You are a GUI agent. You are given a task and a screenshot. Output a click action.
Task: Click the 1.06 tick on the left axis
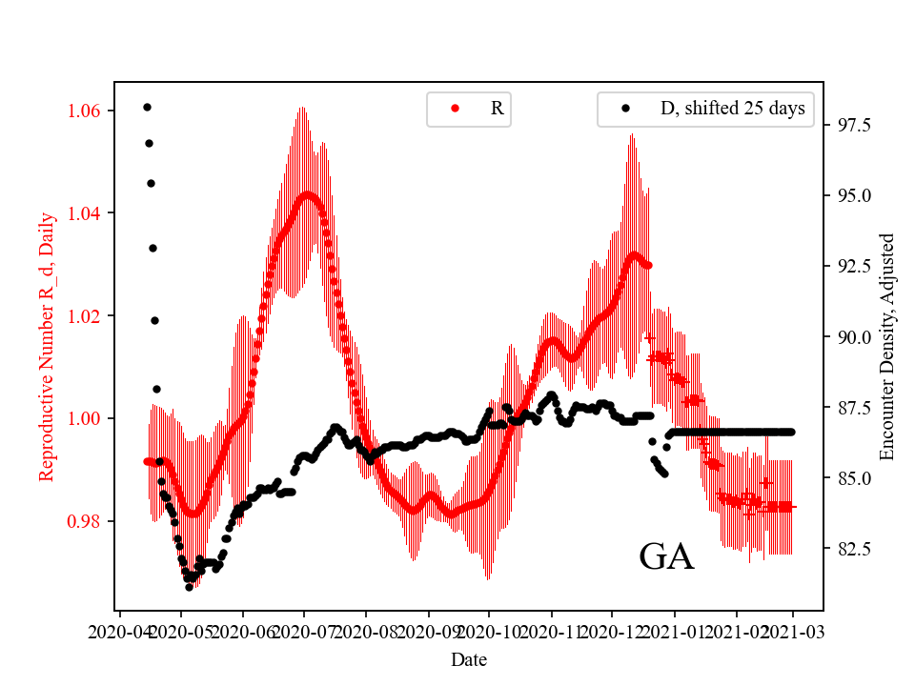click(x=90, y=111)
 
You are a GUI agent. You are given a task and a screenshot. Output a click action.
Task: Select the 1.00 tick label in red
click(x=90, y=418)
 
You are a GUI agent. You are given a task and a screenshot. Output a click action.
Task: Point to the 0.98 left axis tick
click(x=90, y=521)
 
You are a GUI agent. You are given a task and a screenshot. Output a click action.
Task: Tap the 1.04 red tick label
click(x=90, y=212)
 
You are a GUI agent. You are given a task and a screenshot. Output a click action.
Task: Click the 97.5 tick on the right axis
click(x=843, y=125)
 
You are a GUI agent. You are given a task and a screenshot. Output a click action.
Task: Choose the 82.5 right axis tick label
click(x=843, y=549)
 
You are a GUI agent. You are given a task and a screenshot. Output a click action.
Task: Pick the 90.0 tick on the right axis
click(x=843, y=336)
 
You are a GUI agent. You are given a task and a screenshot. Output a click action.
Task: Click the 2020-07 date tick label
click(x=304, y=631)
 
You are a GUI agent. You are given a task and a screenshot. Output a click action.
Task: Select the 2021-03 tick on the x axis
click(x=793, y=631)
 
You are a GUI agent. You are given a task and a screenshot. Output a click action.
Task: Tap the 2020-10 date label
click(x=489, y=631)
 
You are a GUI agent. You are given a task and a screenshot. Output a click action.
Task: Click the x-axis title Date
click(x=469, y=658)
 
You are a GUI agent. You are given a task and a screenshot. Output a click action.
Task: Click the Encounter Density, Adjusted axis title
click(x=887, y=346)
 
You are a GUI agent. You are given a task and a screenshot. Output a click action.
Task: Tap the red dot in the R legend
click(x=455, y=109)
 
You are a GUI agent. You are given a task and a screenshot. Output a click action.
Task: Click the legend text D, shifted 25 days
click(x=732, y=109)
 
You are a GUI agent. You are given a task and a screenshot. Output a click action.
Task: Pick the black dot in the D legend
click(x=626, y=109)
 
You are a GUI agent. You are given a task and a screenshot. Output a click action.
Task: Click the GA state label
click(x=666, y=557)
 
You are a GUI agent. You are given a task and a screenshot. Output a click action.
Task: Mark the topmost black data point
click(x=147, y=107)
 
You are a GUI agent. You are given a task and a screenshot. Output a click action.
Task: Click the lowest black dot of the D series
click(x=189, y=587)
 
